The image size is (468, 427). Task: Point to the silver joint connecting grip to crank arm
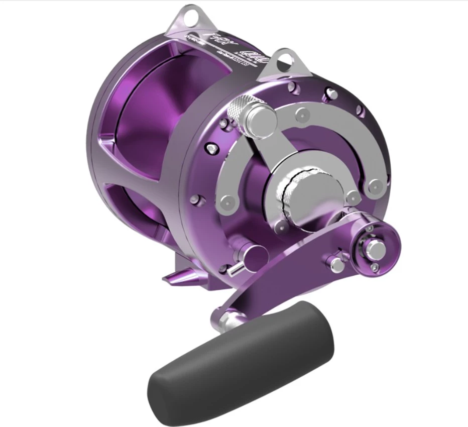[x=229, y=318]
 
